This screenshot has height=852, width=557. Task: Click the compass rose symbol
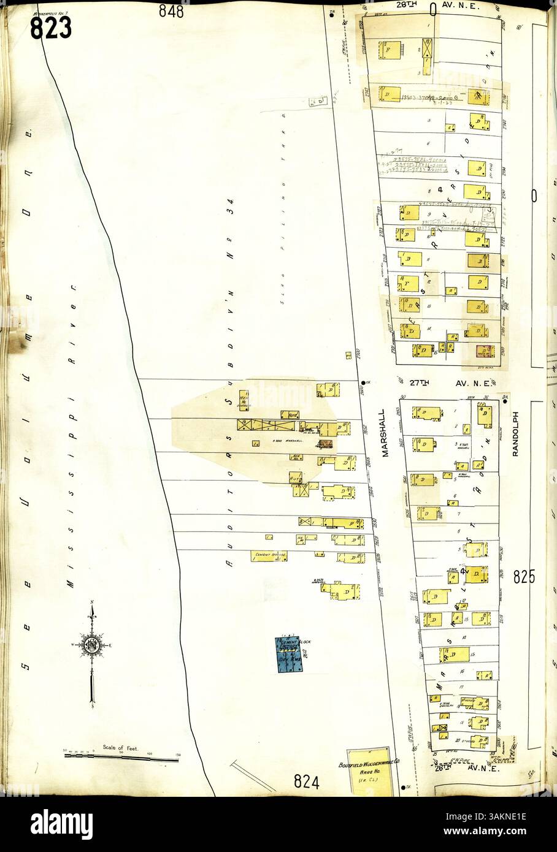point(92,645)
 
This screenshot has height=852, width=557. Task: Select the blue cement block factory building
point(285,654)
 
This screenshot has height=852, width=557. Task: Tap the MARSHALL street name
point(382,434)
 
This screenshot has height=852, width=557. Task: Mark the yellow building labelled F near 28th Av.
point(390,49)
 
